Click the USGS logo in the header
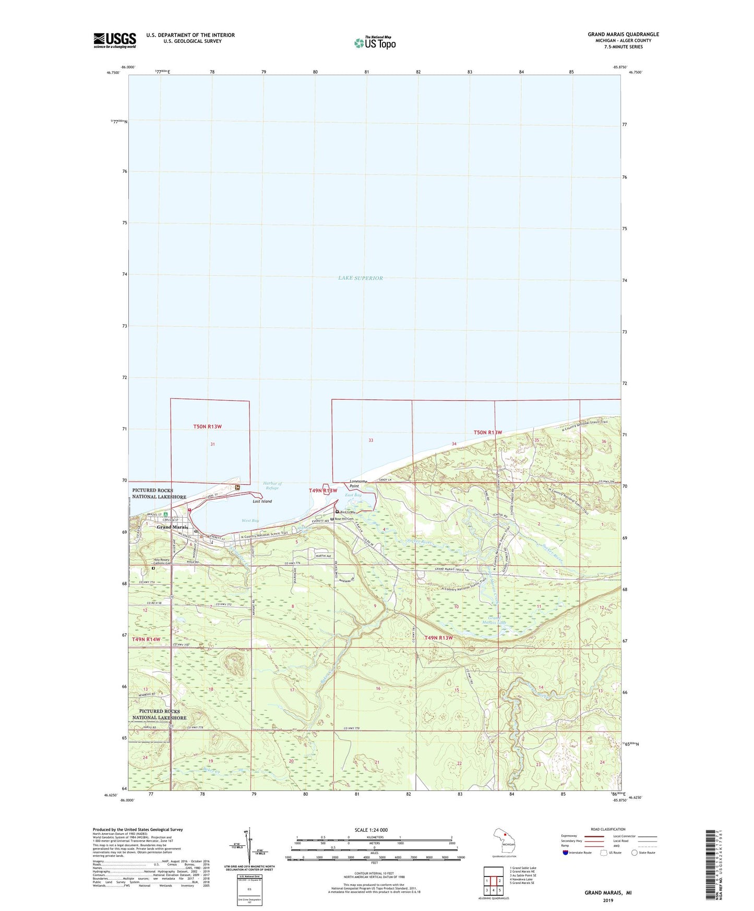point(115,40)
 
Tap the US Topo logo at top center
point(374,43)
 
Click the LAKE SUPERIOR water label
point(360,278)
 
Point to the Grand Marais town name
point(172,527)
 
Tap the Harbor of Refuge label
point(272,486)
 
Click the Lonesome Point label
point(358,484)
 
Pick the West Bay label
point(250,520)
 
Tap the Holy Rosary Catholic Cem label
point(161,562)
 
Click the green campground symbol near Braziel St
point(165,514)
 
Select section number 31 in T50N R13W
point(212,444)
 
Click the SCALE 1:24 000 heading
point(371,830)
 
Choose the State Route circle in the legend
point(635,853)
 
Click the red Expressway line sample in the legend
point(594,836)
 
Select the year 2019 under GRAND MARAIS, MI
point(608,900)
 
